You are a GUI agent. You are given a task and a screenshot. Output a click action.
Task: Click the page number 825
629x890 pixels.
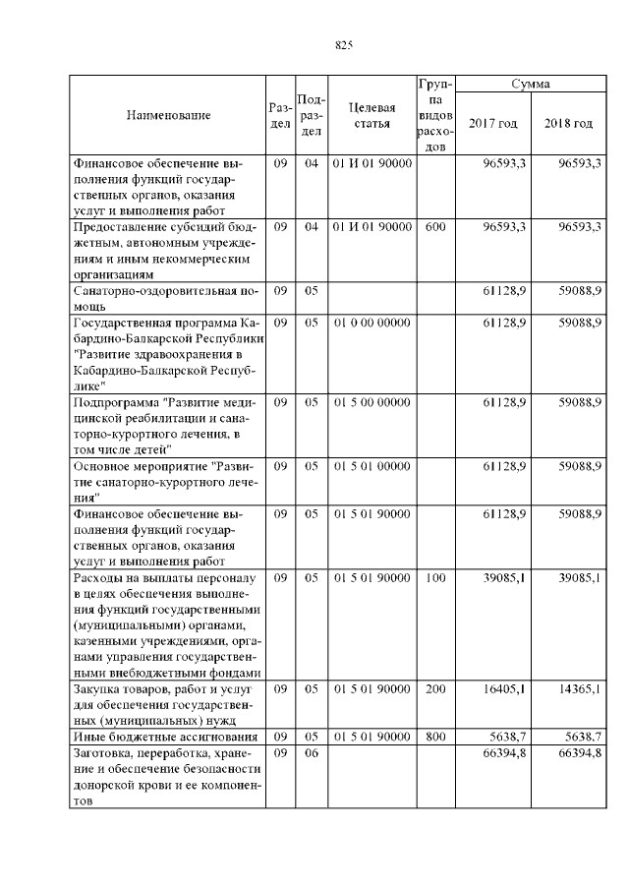click(343, 45)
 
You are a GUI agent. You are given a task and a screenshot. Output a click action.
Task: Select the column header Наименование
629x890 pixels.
click(168, 116)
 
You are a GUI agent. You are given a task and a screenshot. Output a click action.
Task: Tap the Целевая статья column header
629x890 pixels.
click(372, 115)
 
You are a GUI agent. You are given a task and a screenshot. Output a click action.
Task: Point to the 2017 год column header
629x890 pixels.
click(493, 123)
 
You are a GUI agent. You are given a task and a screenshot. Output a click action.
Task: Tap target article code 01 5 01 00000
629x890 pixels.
click(372, 465)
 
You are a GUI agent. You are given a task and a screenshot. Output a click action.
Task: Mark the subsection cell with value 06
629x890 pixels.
click(312, 752)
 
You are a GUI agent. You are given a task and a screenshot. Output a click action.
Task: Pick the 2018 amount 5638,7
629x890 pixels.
click(580, 736)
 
